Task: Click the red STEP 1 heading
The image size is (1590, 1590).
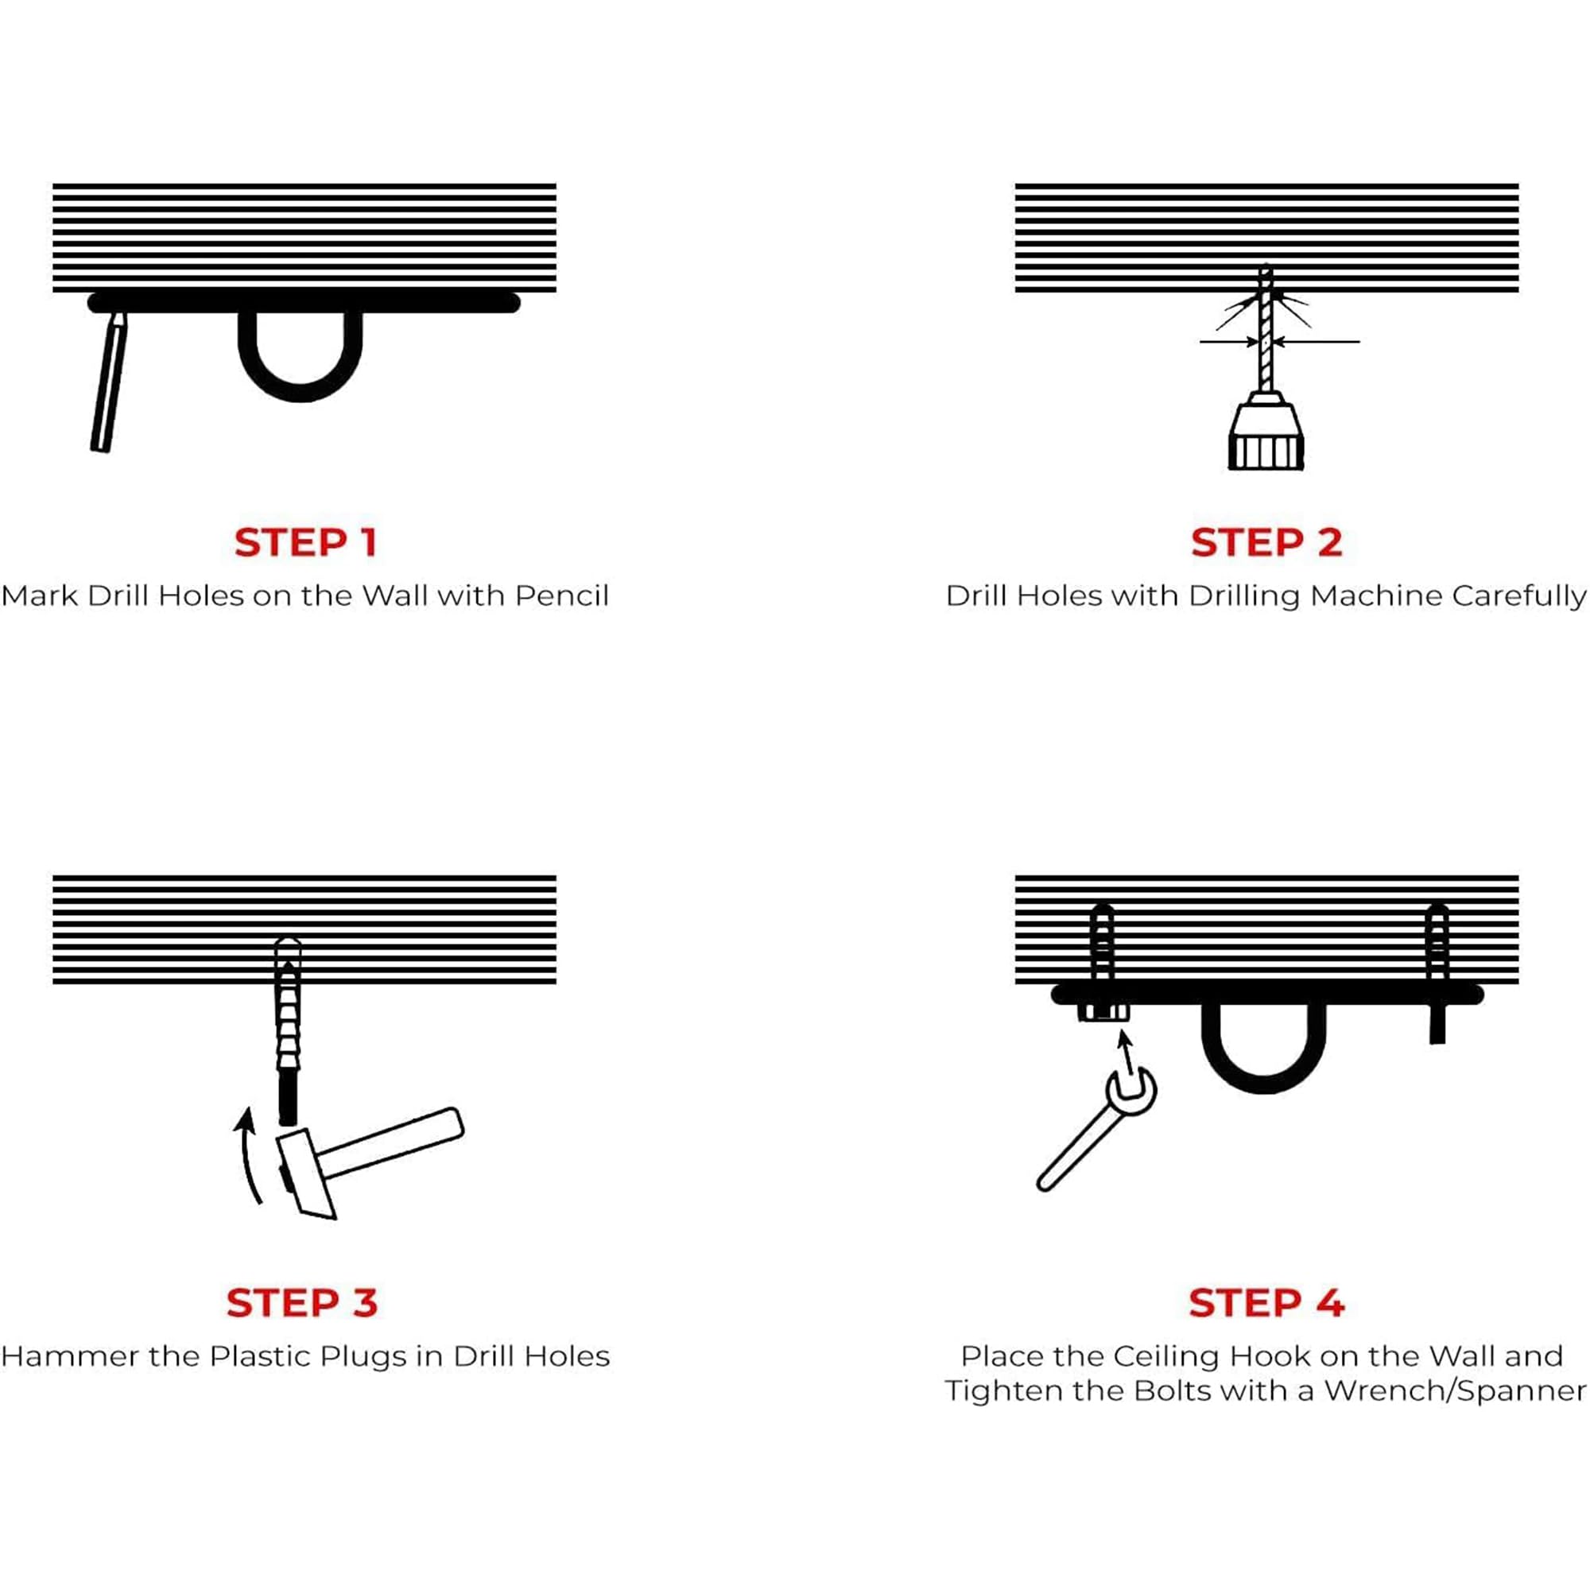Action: tap(305, 542)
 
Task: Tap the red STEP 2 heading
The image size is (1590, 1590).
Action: tap(1266, 542)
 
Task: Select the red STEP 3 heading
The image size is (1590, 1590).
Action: tap(302, 1303)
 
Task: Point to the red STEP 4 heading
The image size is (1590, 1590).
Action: tap(1266, 1303)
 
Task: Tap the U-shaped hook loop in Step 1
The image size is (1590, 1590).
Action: tap(301, 387)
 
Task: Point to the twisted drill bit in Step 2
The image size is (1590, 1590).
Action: tap(1266, 329)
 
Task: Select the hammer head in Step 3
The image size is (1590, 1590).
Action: tap(306, 1174)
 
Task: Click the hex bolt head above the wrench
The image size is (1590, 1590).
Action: tap(1103, 1013)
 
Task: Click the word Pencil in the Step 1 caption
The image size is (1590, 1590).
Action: tap(562, 595)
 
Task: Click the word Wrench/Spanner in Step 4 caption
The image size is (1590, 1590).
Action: tap(1455, 1390)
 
